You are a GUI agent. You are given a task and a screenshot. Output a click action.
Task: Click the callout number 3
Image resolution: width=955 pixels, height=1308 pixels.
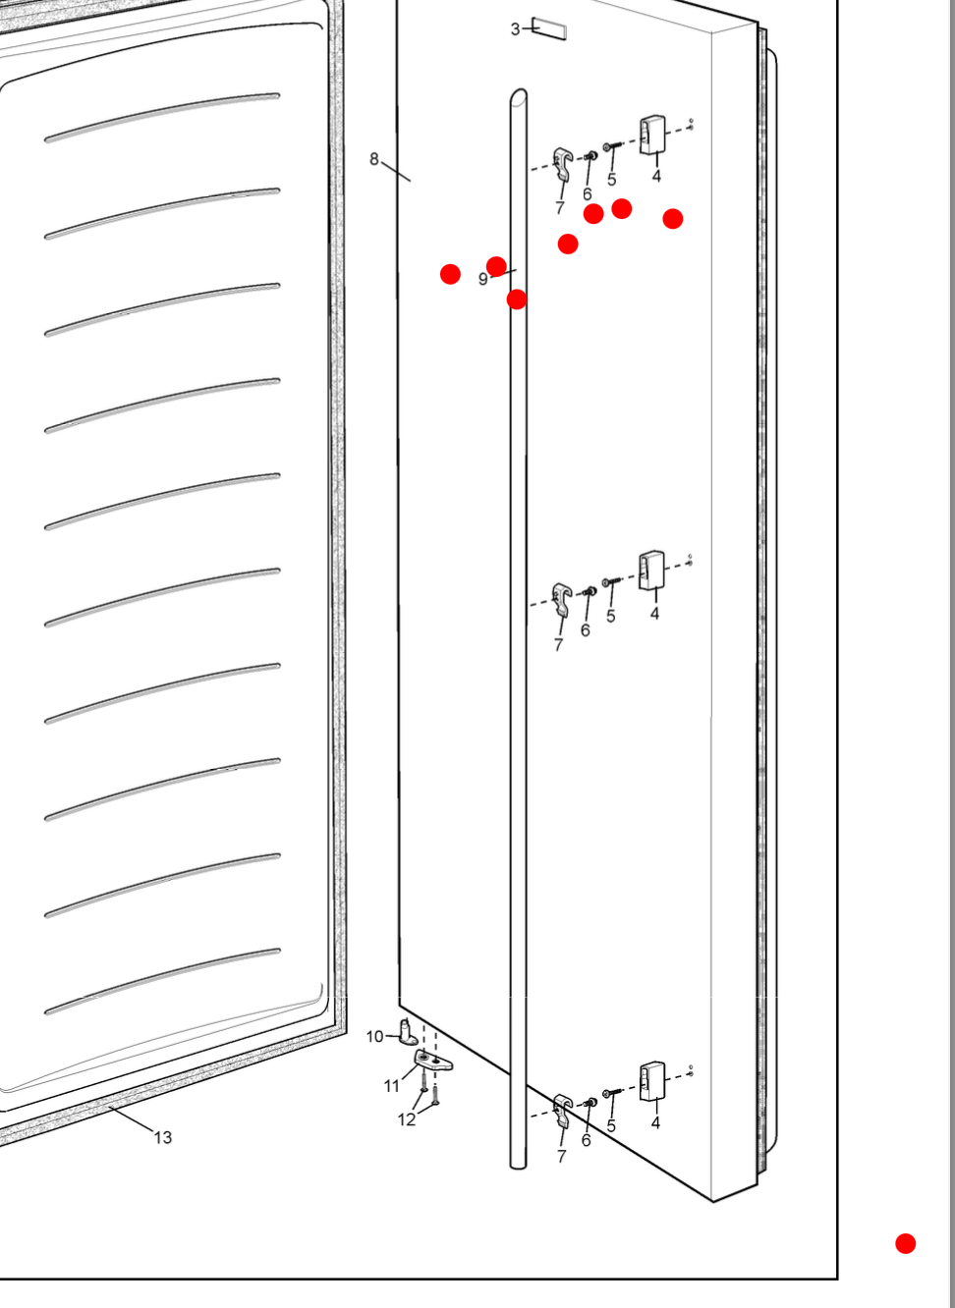515,29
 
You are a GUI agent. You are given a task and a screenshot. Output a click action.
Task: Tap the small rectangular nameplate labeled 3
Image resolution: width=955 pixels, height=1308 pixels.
549,29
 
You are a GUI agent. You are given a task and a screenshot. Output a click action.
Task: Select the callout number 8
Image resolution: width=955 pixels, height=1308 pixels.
373,159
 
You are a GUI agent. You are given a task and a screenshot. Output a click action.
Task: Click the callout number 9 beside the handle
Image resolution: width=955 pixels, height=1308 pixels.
482,279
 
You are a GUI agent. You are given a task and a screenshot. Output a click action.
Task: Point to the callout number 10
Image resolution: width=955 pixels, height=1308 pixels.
374,1036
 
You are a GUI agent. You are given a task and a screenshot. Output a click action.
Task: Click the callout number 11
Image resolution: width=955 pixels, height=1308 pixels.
391,1086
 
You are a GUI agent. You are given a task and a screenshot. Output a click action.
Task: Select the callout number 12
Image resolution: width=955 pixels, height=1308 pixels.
407,1119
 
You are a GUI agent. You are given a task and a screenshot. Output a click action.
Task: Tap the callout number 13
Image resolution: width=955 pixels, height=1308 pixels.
163,1137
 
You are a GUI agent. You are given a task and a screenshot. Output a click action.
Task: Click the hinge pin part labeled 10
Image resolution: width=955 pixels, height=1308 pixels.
407,1032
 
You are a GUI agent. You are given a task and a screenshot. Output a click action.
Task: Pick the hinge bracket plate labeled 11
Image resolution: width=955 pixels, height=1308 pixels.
433,1061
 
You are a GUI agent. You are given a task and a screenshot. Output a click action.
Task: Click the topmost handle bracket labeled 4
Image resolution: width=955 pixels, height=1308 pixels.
651,135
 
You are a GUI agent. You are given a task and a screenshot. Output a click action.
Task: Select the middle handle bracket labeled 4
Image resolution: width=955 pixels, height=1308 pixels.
651,571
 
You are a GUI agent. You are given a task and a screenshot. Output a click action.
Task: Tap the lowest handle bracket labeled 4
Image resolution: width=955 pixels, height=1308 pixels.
651,1081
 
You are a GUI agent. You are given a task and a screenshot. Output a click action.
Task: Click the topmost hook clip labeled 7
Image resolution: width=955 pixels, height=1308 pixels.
562,164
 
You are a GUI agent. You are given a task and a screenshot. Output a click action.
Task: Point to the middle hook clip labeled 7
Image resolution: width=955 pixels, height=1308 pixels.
562,600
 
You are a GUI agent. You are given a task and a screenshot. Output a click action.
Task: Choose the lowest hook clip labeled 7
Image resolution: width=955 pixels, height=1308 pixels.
562,1111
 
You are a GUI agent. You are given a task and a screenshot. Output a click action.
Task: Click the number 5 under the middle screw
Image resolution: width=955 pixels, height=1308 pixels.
610,616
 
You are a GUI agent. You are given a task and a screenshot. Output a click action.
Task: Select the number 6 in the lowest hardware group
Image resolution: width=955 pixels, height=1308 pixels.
586,1140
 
